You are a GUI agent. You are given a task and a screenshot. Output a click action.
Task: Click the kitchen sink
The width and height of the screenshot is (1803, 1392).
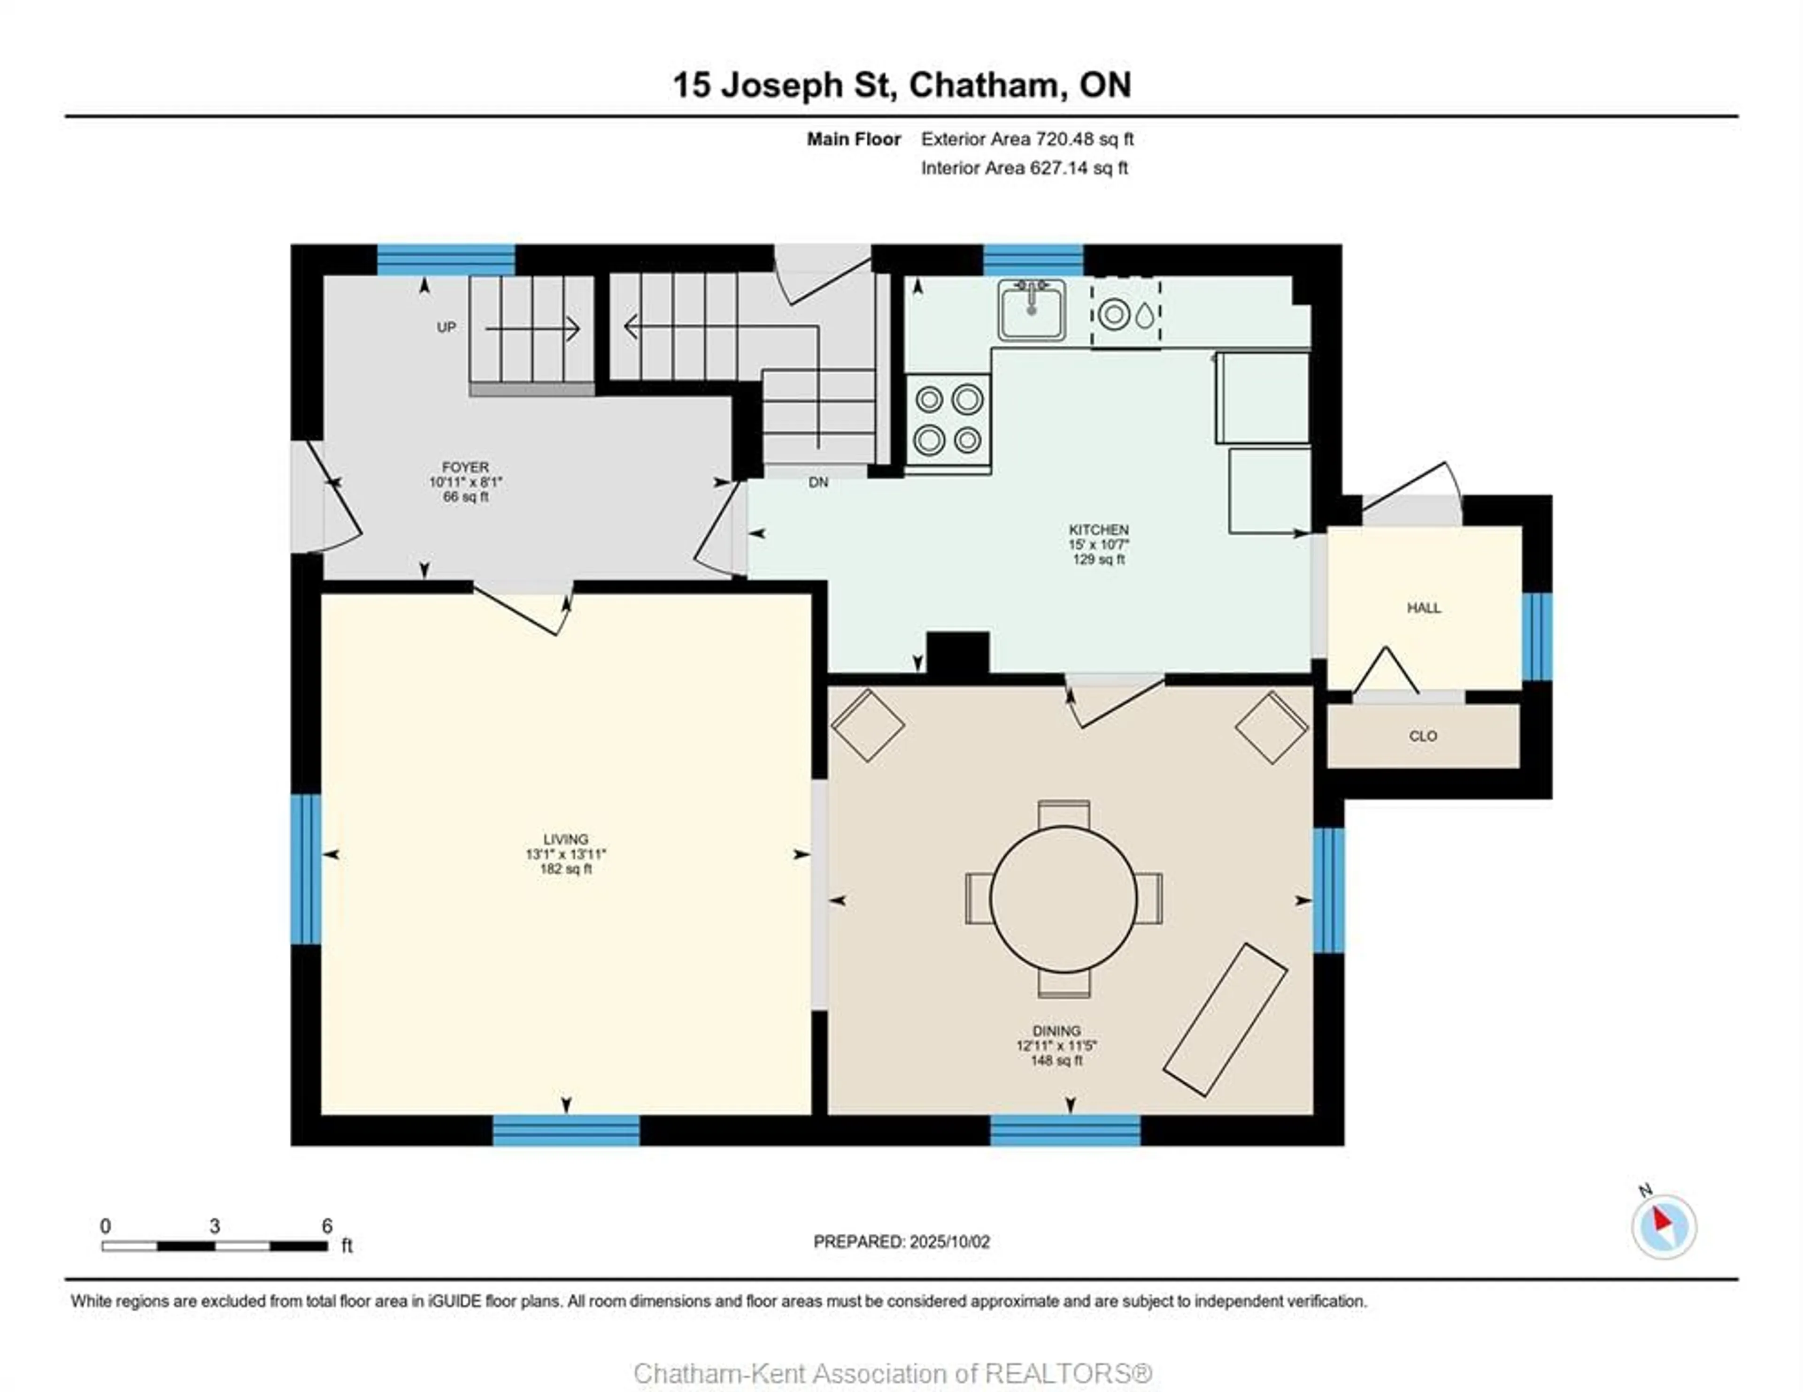[1031, 310]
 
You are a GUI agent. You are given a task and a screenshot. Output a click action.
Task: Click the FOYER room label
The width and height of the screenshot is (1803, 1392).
[466, 467]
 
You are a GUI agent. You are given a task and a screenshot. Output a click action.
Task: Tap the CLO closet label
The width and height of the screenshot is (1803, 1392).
[1423, 736]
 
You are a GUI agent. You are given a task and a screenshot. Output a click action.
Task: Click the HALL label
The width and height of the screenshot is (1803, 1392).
[1424, 608]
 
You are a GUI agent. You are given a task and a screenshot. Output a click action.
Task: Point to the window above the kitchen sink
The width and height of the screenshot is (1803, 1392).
[1033, 260]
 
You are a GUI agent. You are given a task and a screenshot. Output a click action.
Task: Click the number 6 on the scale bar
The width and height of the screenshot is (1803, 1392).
[327, 1226]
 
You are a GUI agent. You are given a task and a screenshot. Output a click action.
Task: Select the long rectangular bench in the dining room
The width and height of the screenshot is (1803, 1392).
[1225, 1020]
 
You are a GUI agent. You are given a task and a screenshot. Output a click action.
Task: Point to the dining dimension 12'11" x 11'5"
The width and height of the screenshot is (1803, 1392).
[1057, 1045]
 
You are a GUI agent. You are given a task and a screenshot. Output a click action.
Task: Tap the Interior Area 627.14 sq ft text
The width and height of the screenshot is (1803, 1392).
[1025, 168]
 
